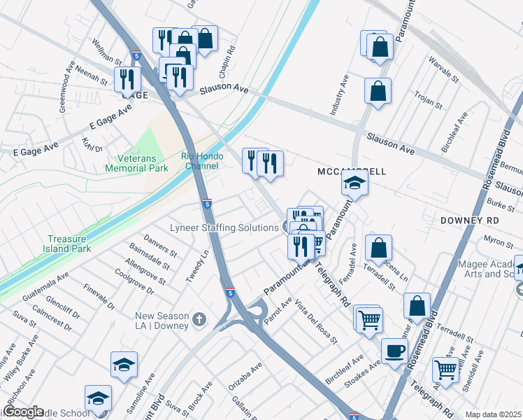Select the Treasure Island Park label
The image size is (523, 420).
[70, 244]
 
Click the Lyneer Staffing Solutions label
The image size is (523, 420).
[224, 227]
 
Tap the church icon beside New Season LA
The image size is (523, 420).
[199, 320]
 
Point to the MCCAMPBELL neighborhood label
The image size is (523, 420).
[352, 171]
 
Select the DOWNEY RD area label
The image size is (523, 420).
[469, 220]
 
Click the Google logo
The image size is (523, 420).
[22, 412]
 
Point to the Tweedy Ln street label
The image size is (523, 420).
[198, 265]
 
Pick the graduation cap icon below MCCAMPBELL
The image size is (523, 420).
[354, 184]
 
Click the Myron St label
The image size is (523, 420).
[498, 241]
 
